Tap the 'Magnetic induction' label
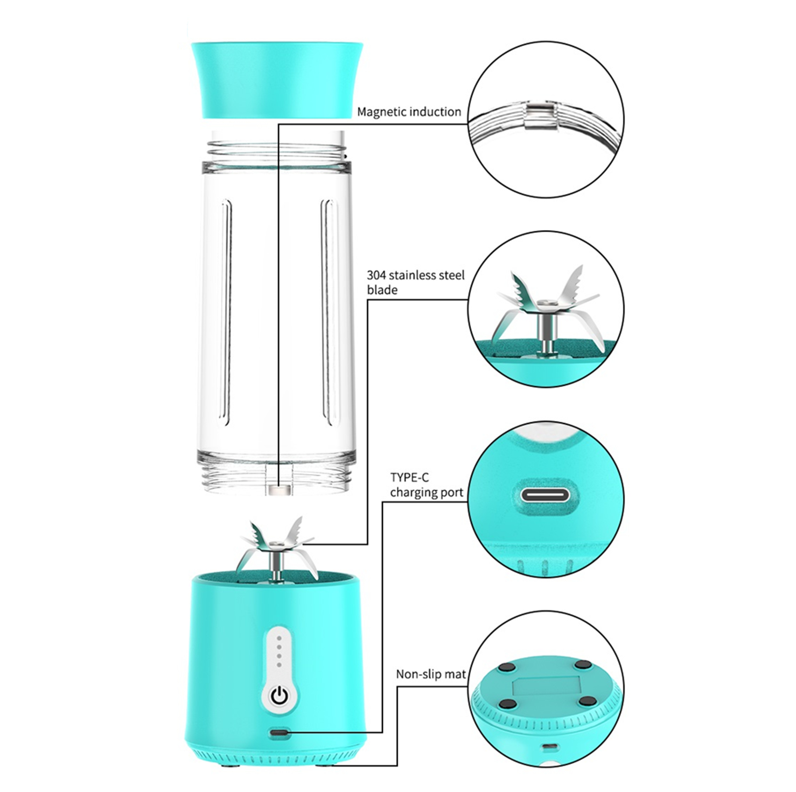pyautogui.click(x=409, y=112)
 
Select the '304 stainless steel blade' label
pyautogui.click(x=415, y=282)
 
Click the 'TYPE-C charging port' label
pyautogui.click(x=426, y=485)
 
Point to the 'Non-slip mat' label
pyautogui.click(x=431, y=674)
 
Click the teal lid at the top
pyautogui.click(x=277, y=80)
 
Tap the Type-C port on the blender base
pyautogui.click(x=280, y=733)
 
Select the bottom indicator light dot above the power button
pyautogui.click(x=279, y=665)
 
